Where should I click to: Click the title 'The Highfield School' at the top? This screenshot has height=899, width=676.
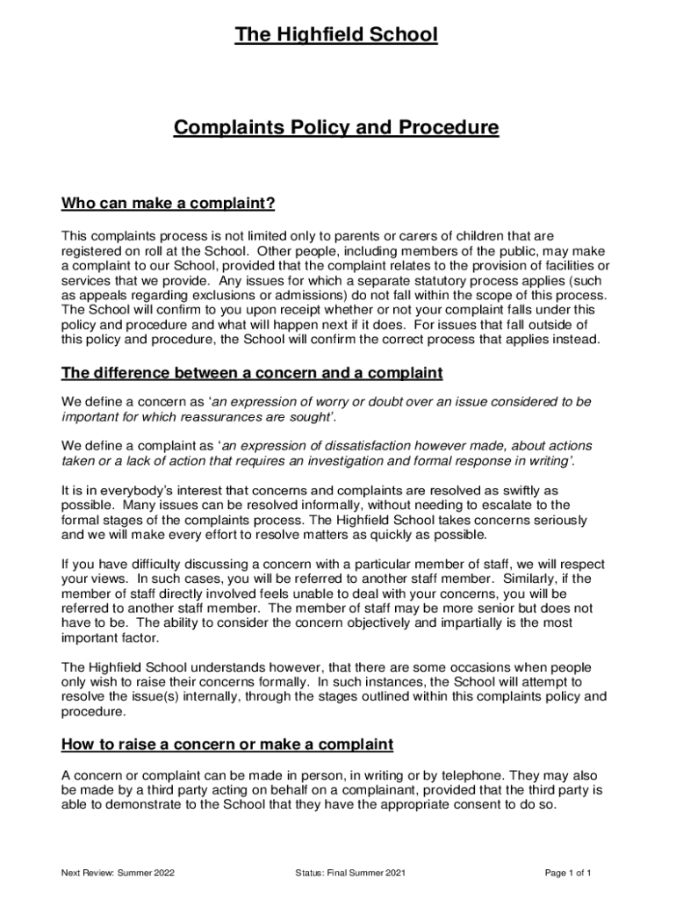[x=336, y=35]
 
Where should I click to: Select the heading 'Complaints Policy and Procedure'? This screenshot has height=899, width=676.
[x=336, y=128]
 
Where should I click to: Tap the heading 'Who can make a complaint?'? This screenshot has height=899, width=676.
[x=169, y=205]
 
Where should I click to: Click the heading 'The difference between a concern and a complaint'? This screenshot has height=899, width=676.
[x=252, y=374]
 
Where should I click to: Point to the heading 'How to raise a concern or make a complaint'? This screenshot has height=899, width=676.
[x=227, y=745]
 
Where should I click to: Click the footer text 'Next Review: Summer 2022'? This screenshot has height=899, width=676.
[x=118, y=874]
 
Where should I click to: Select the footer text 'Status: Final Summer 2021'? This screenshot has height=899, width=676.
[x=351, y=874]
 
